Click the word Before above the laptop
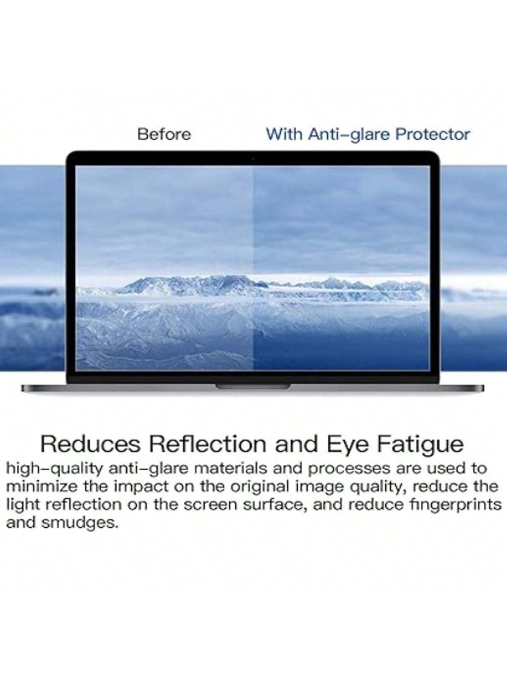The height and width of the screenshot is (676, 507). (164, 135)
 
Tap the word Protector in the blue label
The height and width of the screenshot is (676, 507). (433, 135)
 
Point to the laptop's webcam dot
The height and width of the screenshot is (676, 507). (253, 159)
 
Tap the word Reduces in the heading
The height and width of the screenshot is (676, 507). (90, 444)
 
